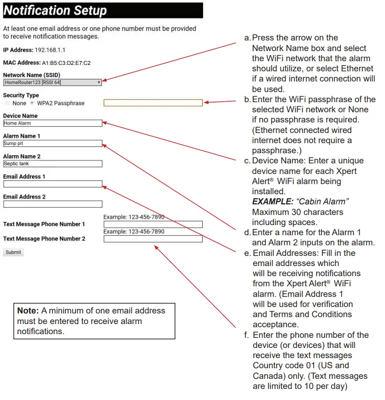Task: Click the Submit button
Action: click(x=13, y=252)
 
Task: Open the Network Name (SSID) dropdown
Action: click(x=52, y=82)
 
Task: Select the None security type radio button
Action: click(x=7, y=103)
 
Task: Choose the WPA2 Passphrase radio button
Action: click(x=32, y=103)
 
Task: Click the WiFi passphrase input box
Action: click(x=153, y=103)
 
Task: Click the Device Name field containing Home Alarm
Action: click(x=52, y=123)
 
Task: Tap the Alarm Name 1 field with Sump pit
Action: click(x=52, y=144)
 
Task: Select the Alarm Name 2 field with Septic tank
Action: click(x=52, y=164)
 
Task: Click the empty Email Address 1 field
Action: click(x=52, y=184)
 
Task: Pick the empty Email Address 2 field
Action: click(x=52, y=204)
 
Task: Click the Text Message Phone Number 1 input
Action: click(x=153, y=225)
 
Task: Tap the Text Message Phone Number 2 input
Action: click(x=153, y=239)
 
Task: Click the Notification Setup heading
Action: click(x=55, y=11)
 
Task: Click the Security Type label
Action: click(x=21, y=95)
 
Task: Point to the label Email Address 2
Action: click(x=24, y=197)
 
